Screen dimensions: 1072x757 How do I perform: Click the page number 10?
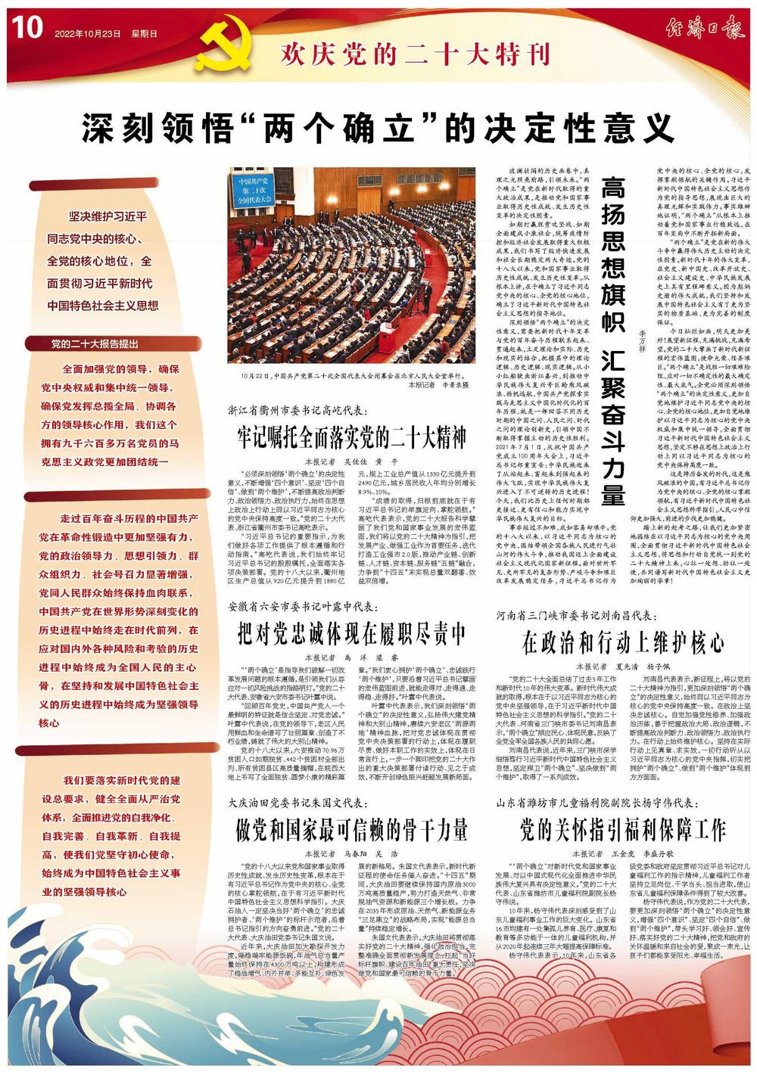(x=26, y=29)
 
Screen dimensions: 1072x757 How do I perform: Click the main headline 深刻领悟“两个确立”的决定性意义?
(x=378, y=129)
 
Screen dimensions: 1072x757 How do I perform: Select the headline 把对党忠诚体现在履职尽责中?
(x=351, y=634)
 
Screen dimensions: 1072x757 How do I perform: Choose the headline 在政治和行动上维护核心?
(x=623, y=644)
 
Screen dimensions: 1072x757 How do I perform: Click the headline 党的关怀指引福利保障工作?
(x=623, y=831)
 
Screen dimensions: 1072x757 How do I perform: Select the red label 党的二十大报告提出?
(x=95, y=344)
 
